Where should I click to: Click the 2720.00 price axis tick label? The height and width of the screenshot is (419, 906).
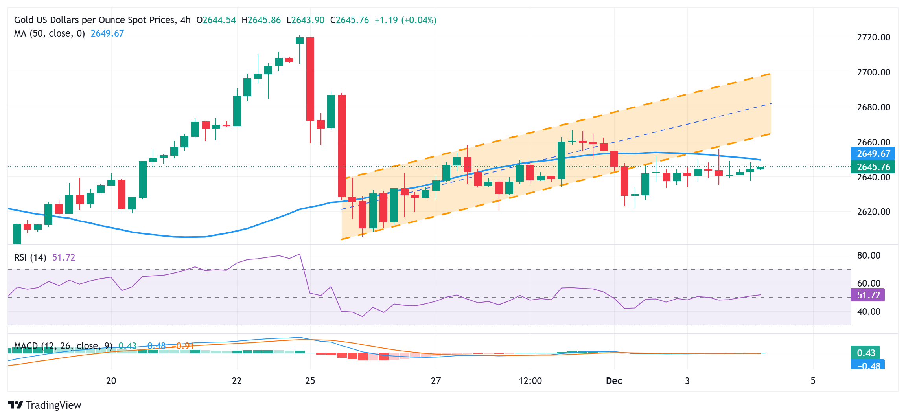tap(873, 37)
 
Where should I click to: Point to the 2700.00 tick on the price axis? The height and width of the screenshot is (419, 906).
tap(873, 72)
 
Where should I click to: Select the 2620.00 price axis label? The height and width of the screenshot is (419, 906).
tap(873, 212)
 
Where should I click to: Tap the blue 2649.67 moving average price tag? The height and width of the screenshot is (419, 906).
tap(873, 154)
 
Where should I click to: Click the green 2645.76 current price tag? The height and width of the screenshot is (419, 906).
tap(873, 167)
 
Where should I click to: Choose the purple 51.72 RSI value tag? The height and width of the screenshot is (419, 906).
tap(868, 295)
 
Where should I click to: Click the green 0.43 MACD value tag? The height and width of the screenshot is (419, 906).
tap(865, 353)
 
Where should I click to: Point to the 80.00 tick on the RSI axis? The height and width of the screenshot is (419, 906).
tap(869, 255)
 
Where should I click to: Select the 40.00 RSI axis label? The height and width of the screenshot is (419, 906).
tap(869, 312)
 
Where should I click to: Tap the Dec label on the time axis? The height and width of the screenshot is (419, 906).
tap(614, 381)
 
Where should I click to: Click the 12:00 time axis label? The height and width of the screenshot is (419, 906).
tap(530, 381)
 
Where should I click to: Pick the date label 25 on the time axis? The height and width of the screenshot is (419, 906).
tap(310, 381)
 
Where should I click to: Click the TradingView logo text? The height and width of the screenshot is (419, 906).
tap(53, 405)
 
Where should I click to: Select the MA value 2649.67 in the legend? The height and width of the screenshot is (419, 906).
tap(107, 33)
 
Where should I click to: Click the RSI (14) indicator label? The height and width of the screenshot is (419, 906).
tap(30, 257)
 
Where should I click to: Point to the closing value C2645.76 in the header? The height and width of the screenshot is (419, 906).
tap(350, 20)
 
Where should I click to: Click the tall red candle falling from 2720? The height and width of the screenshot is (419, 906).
tap(310, 79)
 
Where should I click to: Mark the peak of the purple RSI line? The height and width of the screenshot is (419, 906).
tap(300, 254)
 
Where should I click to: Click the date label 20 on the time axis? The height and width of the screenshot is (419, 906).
tap(111, 381)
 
